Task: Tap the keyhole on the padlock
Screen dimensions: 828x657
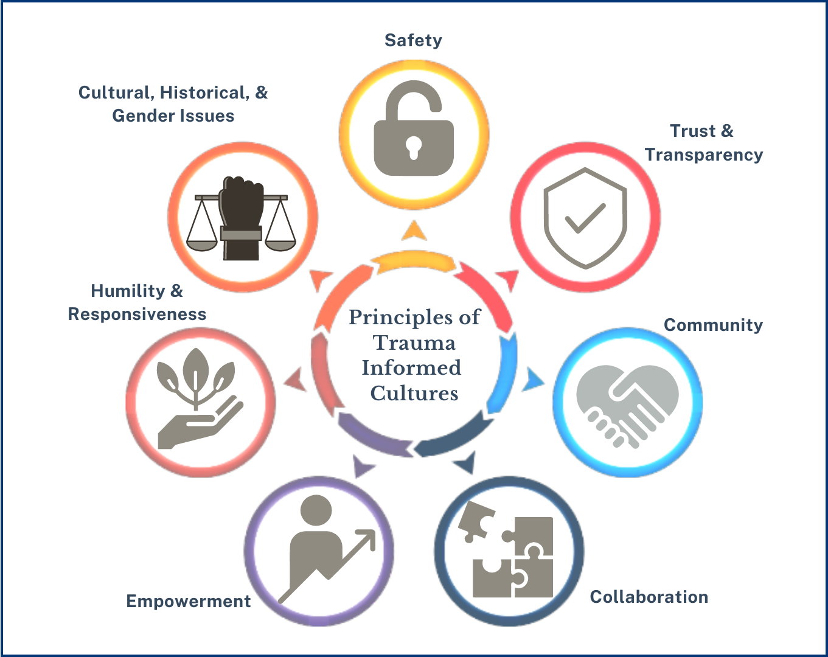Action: tap(414, 146)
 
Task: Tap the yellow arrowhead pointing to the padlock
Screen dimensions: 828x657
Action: tap(414, 230)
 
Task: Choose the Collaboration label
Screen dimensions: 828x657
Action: tap(649, 597)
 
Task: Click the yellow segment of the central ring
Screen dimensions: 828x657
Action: tap(414, 263)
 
